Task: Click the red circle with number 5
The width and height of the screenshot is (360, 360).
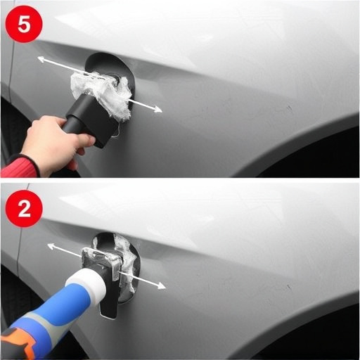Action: (x=24, y=25)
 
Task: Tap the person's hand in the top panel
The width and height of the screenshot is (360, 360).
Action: (x=51, y=144)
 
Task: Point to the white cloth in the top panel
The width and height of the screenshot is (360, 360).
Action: (x=103, y=93)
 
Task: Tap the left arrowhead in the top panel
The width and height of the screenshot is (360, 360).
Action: (x=41, y=60)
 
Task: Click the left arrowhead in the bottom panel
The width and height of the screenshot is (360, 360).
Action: (x=50, y=246)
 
